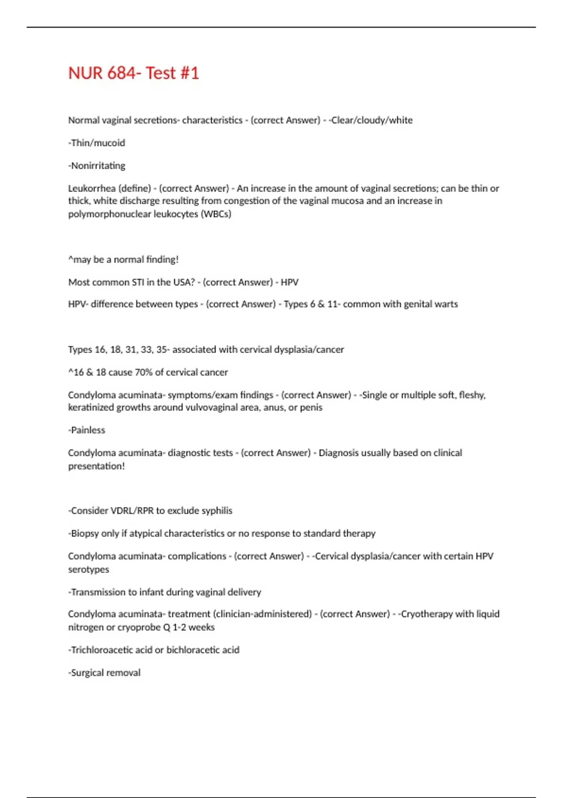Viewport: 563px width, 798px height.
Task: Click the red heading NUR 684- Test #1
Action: pos(134,73)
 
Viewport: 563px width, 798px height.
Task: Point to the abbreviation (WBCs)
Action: pos(216,214)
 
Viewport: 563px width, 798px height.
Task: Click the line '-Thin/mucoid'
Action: pos(97,143)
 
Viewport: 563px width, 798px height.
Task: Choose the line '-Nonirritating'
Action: pos(97,166)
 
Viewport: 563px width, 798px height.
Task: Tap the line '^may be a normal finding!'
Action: pos(123,260)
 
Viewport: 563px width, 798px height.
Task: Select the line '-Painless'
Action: pos(87,430)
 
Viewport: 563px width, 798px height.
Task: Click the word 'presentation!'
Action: pos(96,466)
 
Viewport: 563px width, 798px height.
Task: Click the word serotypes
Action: pos(88,569)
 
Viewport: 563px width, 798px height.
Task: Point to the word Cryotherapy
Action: pos(426,614)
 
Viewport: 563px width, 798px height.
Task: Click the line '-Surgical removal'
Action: pos(104,673)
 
